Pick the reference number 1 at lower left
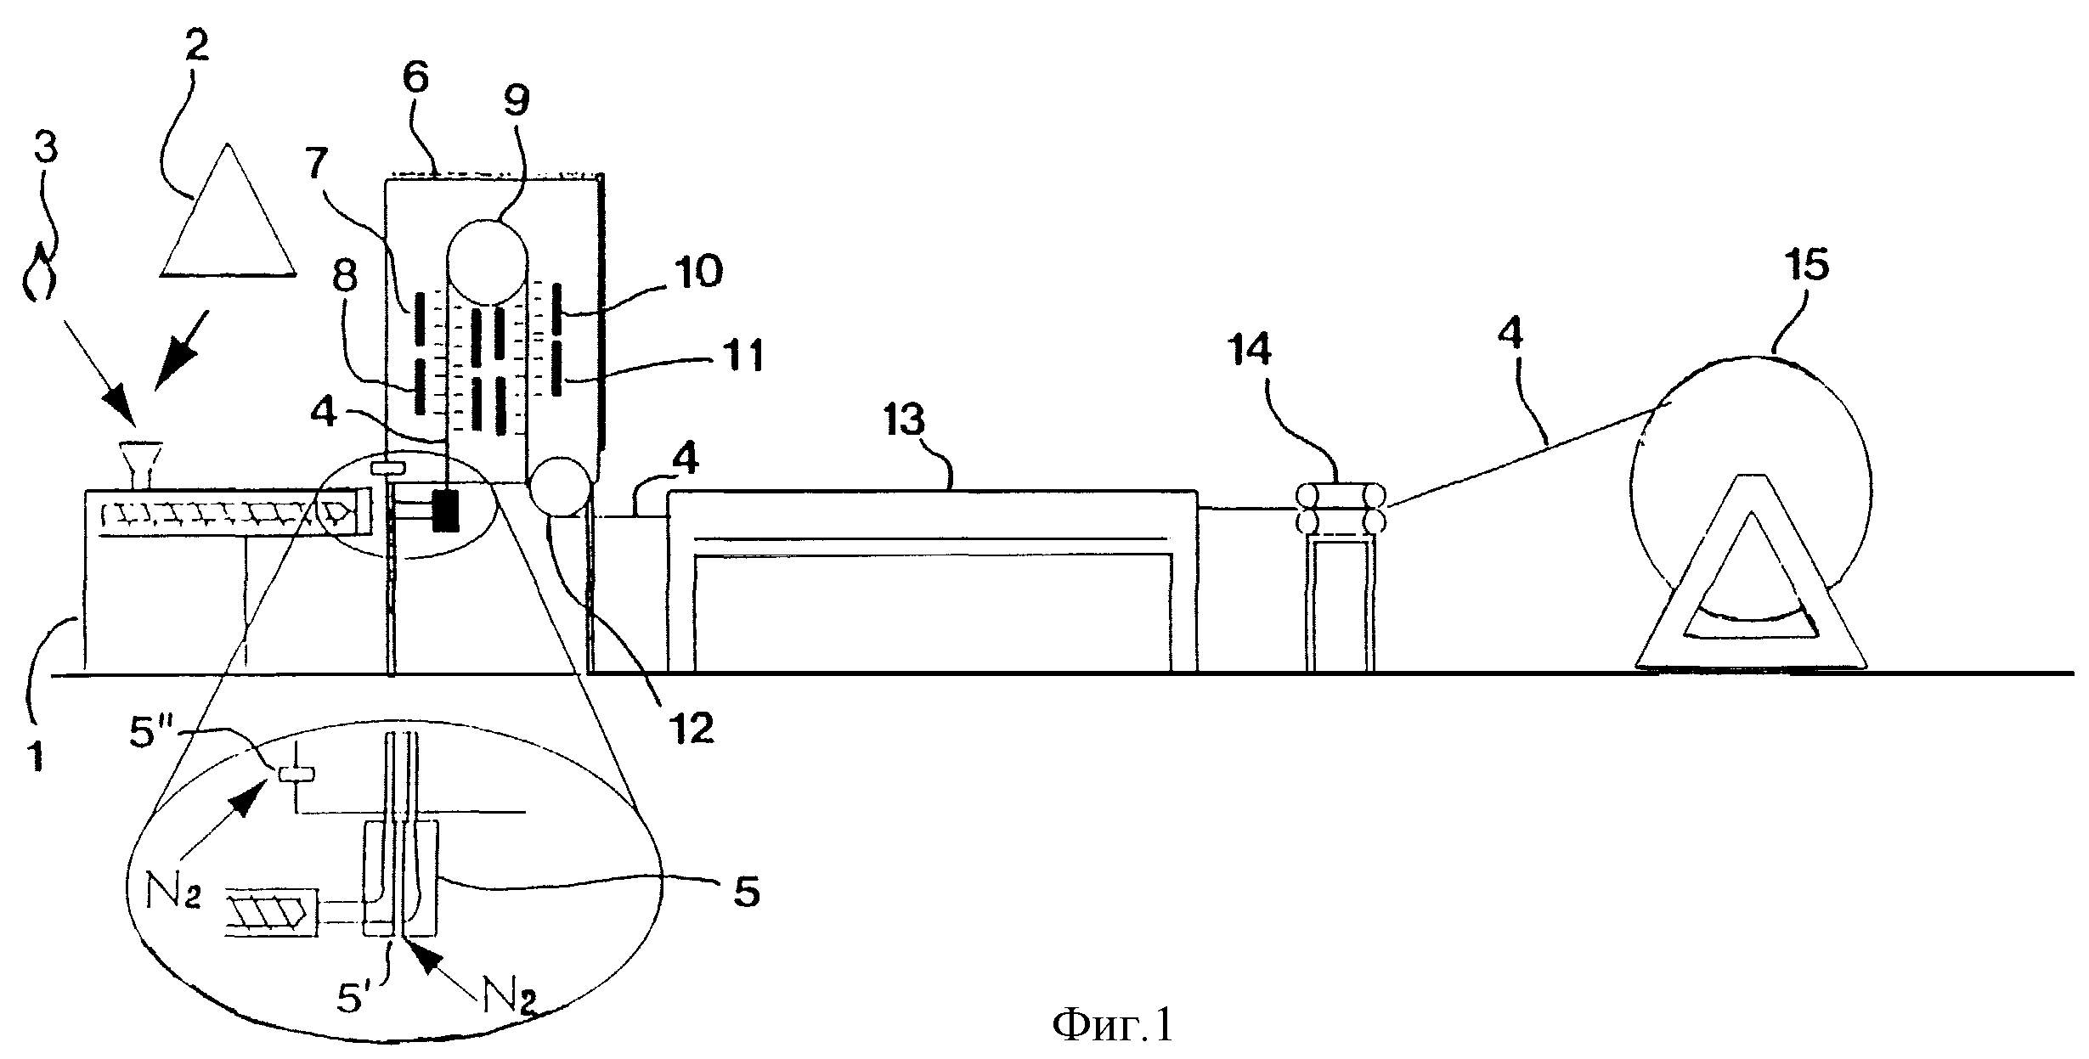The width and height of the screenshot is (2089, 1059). coord(37,754)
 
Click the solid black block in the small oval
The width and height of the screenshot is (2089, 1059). coord(444,510)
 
